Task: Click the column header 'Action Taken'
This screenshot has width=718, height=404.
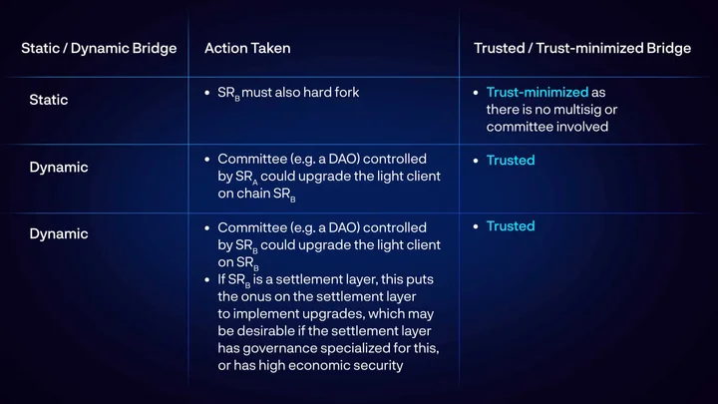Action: point(247,48)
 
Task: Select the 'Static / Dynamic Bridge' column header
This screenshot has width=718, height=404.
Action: point(99,49)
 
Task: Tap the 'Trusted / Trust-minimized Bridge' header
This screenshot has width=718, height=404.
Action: point(582,48)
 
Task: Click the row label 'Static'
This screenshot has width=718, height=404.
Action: point(49,100)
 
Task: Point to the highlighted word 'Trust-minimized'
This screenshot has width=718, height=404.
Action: point(538,92)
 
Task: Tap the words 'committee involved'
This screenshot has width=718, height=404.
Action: point(547,127)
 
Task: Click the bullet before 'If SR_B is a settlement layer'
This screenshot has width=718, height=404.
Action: point(207,279)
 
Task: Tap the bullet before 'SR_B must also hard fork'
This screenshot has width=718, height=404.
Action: point(207,93)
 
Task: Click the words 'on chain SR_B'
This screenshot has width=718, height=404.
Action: point(257,195)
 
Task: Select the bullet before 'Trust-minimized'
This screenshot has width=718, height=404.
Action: point(476,93)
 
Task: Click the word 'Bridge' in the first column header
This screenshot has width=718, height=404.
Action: point(155,49)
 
